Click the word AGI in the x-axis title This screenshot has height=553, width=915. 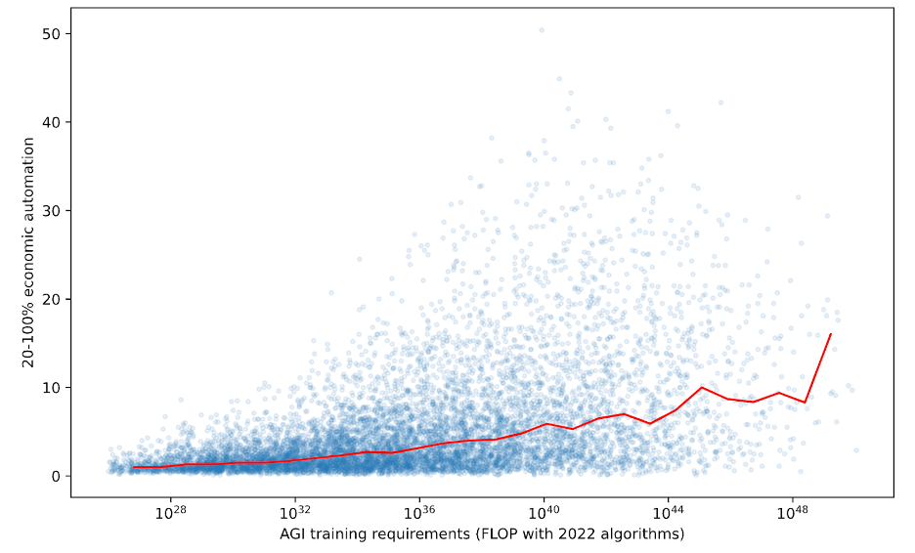click(x=295, y=534)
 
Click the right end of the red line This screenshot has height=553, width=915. click(x=831, y=334)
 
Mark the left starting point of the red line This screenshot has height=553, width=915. click(x=133, y=467)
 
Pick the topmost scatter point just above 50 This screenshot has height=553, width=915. click(x=542, y=30)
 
